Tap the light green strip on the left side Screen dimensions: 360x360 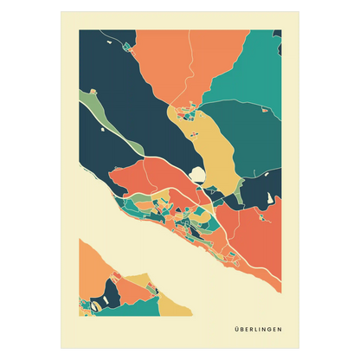point(108,121)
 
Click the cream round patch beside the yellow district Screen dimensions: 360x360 point(200,174)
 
